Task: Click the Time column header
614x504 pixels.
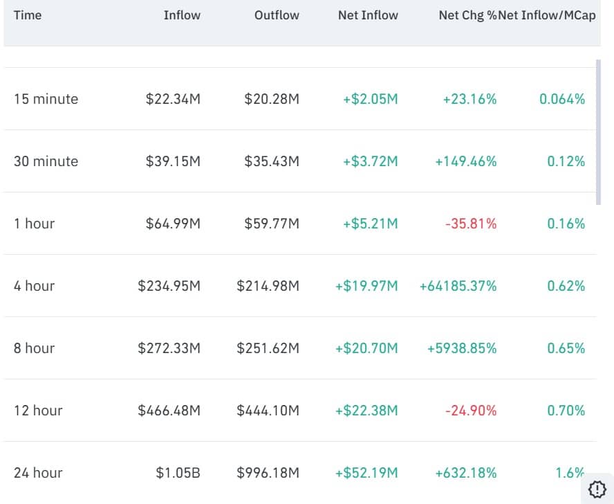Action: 28,15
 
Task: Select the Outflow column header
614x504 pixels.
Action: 277,15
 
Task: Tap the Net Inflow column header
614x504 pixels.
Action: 368,15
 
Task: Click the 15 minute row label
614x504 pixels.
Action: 46,99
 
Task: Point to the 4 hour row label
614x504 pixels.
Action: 34,286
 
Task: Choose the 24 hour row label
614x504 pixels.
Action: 38,473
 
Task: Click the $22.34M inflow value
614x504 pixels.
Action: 173,99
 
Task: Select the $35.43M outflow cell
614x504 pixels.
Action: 272,161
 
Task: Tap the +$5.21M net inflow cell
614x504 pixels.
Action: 371,224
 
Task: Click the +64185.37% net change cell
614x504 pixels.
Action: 458,286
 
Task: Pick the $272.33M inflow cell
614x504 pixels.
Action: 169,348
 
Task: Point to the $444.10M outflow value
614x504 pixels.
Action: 268,411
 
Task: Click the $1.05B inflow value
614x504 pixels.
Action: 178,473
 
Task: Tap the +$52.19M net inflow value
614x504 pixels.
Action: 366,473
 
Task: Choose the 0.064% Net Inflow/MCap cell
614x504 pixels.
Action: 562,99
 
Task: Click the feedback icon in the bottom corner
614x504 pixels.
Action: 597,489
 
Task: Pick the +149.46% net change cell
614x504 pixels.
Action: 465,161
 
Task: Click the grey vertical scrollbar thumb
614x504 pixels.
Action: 599,132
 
